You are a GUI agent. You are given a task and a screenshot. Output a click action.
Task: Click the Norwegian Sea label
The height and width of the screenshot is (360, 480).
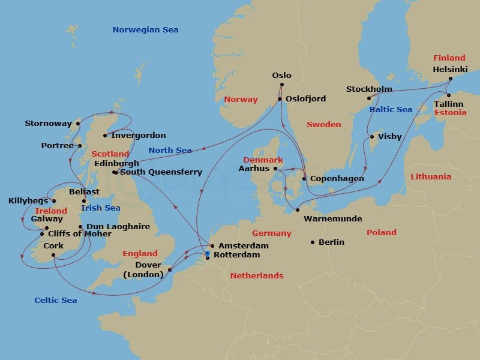tap(145, 30)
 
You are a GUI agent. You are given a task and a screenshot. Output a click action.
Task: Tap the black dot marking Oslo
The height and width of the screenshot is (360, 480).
tap(281, 86)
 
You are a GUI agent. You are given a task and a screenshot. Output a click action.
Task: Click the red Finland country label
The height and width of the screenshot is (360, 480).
tap(449, 58)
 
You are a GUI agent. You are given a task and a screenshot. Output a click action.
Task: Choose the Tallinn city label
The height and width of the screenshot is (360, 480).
tap(449, 104)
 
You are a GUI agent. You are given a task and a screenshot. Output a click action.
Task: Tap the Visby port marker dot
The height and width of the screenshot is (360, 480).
tap(372, 137)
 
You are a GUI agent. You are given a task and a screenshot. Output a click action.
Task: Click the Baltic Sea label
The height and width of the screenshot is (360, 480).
tap(391, 110)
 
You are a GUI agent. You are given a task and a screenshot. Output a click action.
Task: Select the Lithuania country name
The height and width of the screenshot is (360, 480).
tap(431, 177)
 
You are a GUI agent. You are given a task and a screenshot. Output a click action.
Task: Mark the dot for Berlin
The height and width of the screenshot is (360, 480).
tap(313, 242)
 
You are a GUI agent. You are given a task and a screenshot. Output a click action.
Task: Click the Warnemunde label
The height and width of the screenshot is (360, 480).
tap(333, 219)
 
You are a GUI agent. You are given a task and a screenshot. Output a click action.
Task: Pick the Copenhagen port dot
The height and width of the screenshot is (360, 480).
tap(304, 179)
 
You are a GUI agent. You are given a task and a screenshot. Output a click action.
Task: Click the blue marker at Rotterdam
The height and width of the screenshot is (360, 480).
tap(208, 254)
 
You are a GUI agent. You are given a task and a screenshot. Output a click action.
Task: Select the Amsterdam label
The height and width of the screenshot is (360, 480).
tap(243, 246)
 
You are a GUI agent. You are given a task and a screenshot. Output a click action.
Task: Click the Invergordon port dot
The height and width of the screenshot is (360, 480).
tap(106, 136)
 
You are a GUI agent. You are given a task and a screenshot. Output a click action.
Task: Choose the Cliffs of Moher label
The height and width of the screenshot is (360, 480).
tap(79, 234)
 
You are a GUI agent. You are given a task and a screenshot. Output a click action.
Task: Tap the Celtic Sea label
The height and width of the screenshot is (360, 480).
tap(55, 300)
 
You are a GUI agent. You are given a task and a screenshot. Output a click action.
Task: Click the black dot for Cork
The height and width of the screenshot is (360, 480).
tap(53, 255)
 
